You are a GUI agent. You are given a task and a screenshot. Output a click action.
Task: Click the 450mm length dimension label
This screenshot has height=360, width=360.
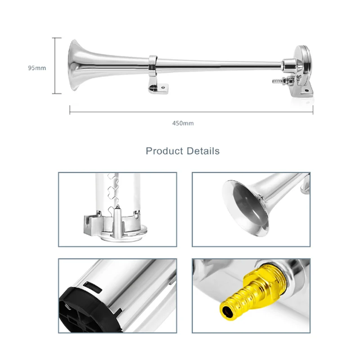183,123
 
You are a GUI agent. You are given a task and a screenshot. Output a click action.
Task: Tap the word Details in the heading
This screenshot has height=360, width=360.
202,151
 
